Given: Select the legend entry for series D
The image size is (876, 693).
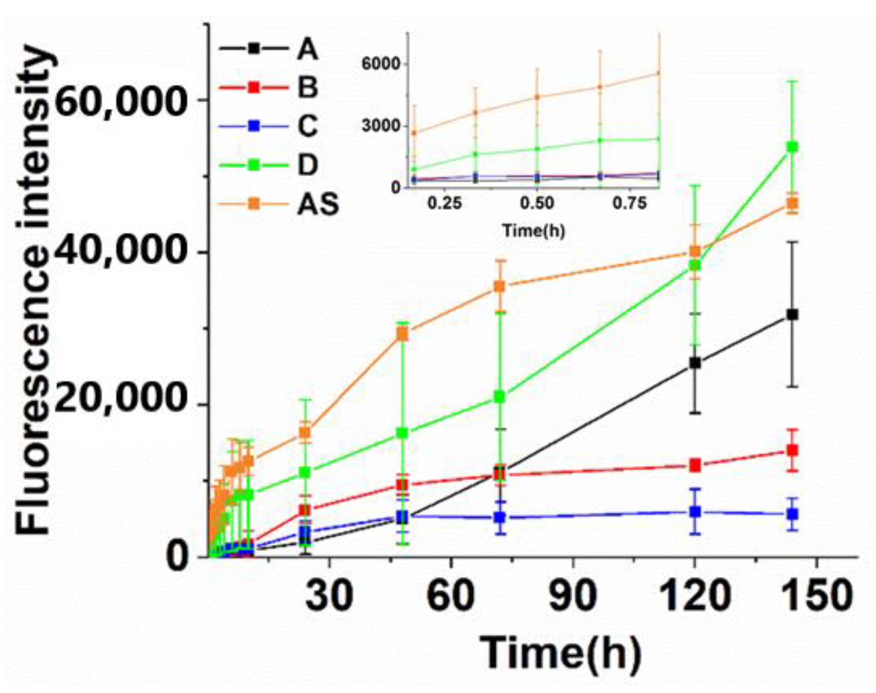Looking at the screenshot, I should coord(307,165).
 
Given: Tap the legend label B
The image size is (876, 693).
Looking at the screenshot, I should coord(307,87).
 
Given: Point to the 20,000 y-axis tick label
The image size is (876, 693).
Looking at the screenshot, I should coord(119,404).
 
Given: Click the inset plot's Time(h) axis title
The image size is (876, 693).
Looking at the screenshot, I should coord(534,230).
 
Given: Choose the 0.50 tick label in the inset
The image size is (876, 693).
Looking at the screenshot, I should coord(537,204).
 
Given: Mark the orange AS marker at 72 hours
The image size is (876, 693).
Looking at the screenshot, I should coord(500,286).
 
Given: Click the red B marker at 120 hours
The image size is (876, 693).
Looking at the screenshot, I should coord(695,465).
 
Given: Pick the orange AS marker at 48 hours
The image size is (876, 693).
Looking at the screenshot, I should coord(402,334).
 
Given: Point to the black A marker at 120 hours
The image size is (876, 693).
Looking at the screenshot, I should coord(695,363).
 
